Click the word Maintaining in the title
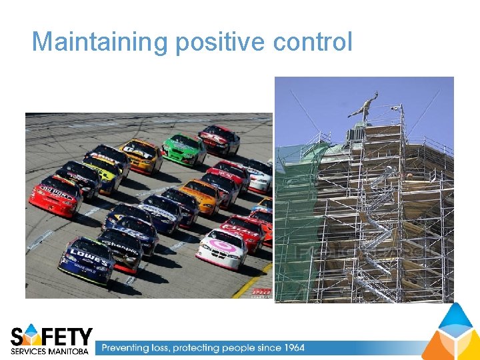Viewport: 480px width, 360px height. pyautogui.click(x=101, y=42)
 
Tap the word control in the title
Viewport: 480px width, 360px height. pyautogui.click(x=312, y=42)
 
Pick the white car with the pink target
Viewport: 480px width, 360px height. pyautogui.click(x=222, y=247)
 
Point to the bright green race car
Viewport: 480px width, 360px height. pyautogui.click(x=185, y=148)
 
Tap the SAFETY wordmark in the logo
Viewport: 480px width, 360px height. pyautogui.click(x=52, y=336)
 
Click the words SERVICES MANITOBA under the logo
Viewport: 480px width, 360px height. pyautogui.click(x=50, y=351)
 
